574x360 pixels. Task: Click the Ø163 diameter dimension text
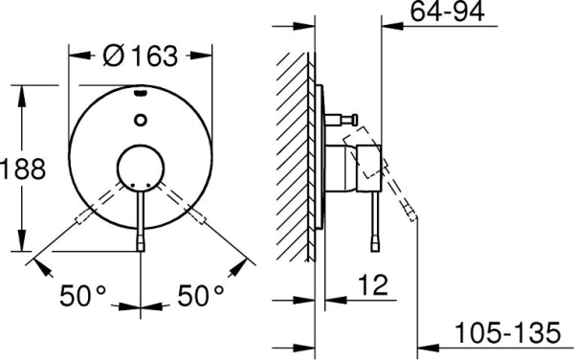click(x=140, y=56)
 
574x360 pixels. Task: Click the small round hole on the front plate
click(x=142, y=120)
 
